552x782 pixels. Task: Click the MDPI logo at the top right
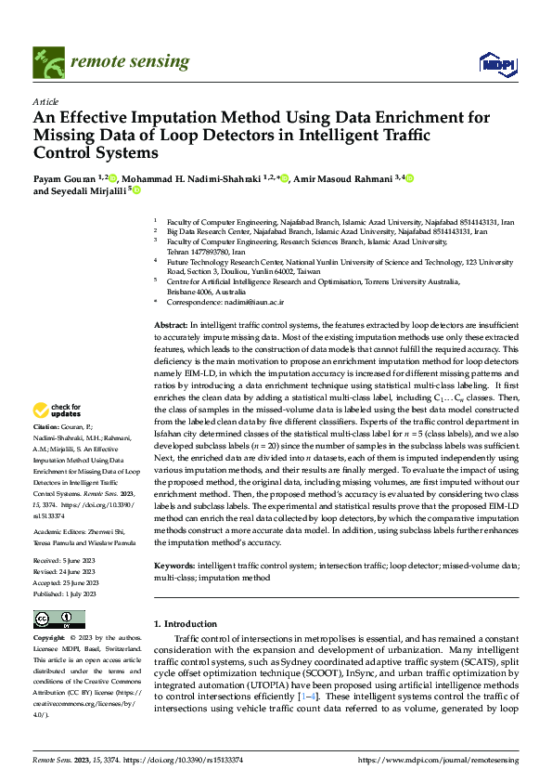coord(497,63)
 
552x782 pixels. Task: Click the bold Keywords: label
coord(174,565)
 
